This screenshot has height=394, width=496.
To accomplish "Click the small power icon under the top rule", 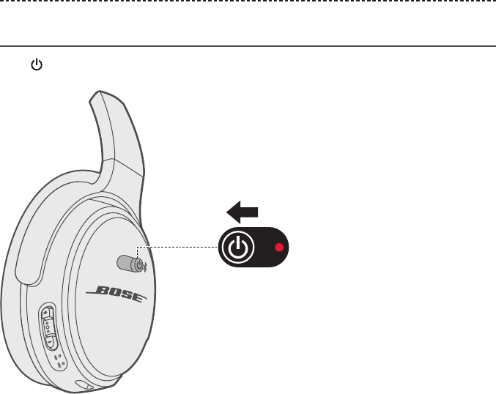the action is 34,65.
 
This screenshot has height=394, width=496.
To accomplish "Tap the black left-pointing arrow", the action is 243,212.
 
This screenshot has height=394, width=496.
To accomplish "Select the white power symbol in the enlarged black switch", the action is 236,248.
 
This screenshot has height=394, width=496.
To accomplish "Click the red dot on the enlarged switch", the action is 278,248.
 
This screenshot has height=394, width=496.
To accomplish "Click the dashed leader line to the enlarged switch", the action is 183,248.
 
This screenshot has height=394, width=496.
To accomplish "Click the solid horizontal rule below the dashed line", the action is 248,46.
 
